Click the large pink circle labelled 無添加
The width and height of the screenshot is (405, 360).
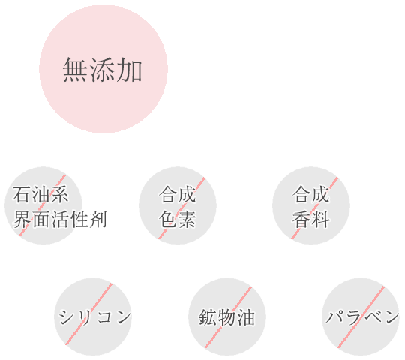(103, 69)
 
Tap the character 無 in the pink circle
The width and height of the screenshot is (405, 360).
(75, 70)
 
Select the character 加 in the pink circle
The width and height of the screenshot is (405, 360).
(130, 70)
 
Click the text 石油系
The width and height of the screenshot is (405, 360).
(40, 195)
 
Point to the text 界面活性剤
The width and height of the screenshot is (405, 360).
(60, 219)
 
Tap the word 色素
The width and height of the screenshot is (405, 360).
(178, 219)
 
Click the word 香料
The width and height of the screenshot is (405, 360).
(311, 219)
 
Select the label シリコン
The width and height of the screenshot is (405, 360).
(94, 316)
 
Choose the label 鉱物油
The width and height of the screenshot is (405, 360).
(226, 316)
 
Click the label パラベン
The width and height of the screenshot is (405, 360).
(363, 316)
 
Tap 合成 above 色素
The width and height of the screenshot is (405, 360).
(178, 195)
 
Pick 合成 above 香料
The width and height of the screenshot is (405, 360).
(311, 195)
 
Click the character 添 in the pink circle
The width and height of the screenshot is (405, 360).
(102, 70)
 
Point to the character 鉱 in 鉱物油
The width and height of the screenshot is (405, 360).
(208, 316)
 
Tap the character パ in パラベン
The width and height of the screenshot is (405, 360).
(334, 316)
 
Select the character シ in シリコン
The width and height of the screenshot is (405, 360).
(67, 316)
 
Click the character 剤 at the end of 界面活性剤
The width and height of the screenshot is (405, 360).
(97, 219)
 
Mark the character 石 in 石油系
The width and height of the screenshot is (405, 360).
(22, 195)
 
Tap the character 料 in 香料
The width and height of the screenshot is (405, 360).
(321, 219)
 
